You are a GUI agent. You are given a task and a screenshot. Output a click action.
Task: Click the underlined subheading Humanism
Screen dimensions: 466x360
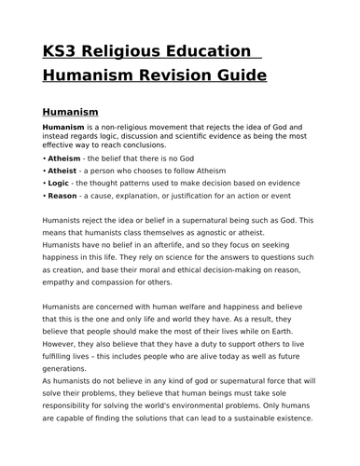pyautogui.click(x=74, y=109)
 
